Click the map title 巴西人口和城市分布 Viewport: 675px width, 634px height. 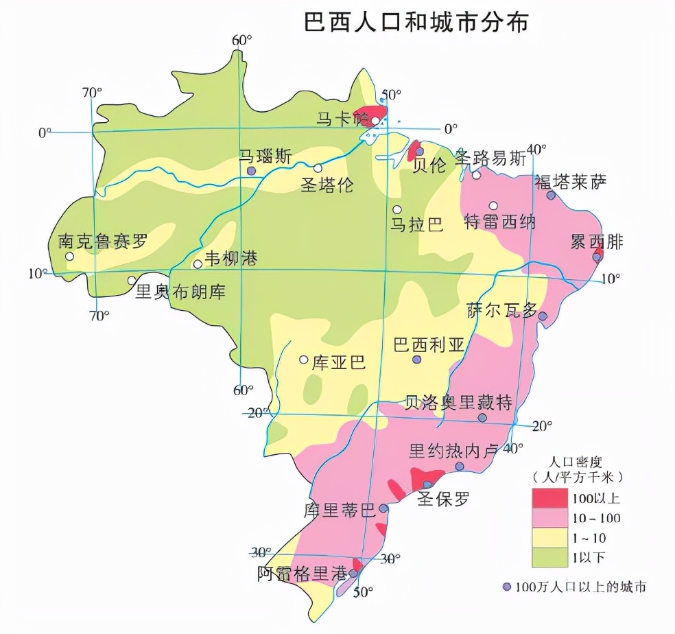416,22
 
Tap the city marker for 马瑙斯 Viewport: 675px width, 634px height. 252,170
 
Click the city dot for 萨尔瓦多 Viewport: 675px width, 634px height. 543,316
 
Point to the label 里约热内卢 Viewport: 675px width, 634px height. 453,451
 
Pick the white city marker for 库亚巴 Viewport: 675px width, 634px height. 303,360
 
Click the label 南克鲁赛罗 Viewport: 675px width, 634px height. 103,242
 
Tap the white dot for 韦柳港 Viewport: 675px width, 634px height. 198,263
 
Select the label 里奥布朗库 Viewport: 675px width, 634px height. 180,292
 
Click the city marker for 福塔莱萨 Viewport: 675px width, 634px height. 551,196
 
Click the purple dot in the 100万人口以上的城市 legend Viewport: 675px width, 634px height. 507,587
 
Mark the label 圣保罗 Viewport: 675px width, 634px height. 444,499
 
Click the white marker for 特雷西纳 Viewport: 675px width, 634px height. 493,205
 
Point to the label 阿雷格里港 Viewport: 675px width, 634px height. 302,574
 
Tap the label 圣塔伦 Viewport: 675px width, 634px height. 327,185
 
